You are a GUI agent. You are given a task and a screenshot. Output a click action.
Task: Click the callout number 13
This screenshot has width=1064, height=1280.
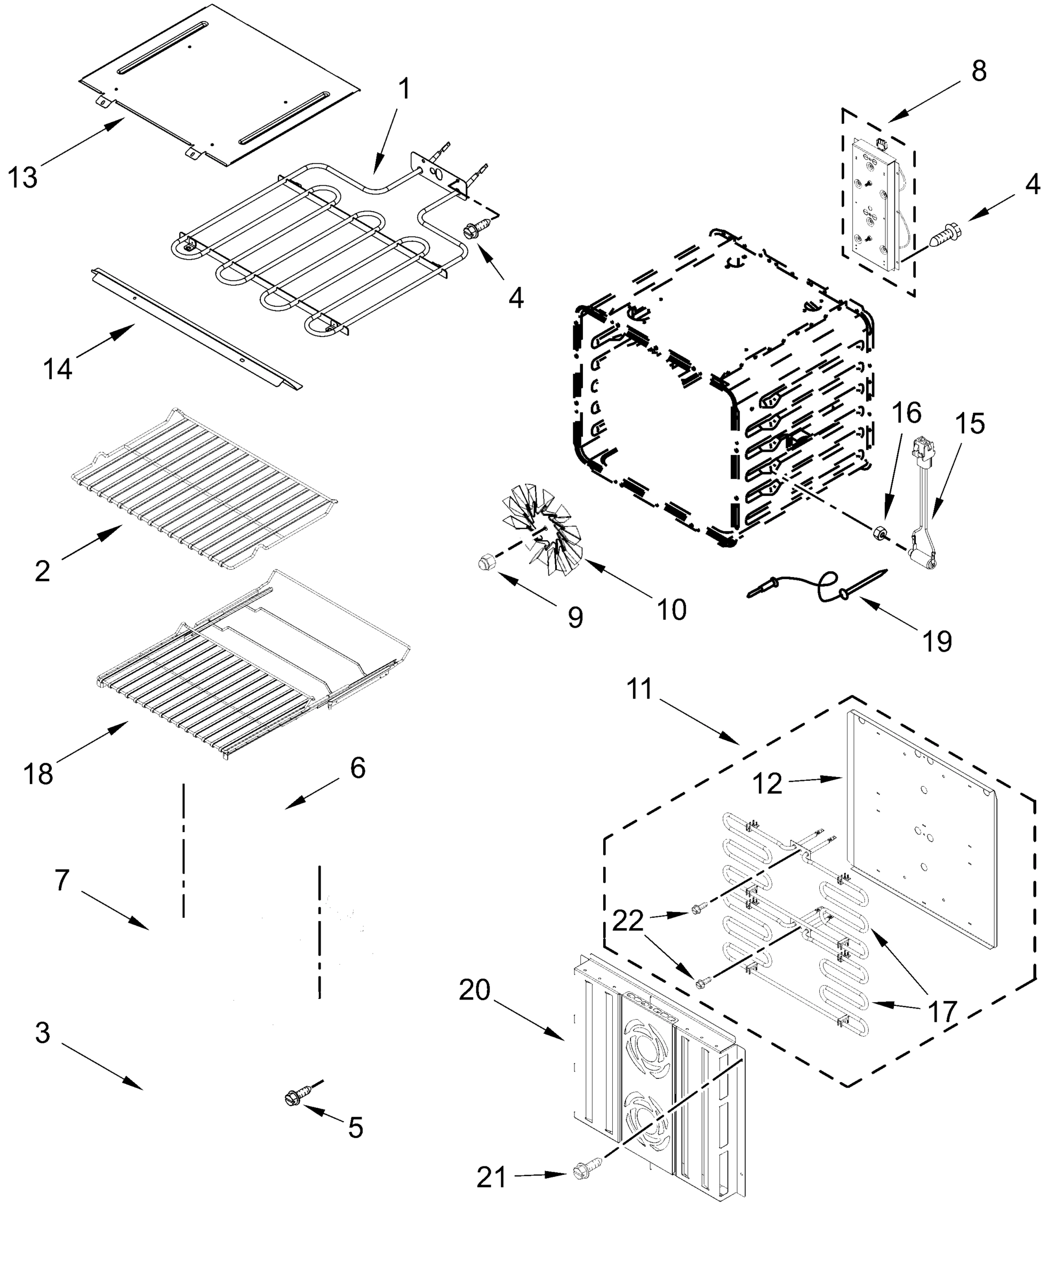tap(22, 178)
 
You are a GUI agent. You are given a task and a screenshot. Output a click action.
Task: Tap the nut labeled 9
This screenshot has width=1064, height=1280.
tap(488, 562)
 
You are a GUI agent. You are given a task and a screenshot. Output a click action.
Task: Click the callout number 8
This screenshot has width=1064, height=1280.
tap(979, 71)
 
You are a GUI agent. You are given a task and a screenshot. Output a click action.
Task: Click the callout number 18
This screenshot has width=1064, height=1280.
tap(38, 774)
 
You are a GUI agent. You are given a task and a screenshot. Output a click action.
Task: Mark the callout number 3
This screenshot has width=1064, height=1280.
tap(42, 1033)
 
